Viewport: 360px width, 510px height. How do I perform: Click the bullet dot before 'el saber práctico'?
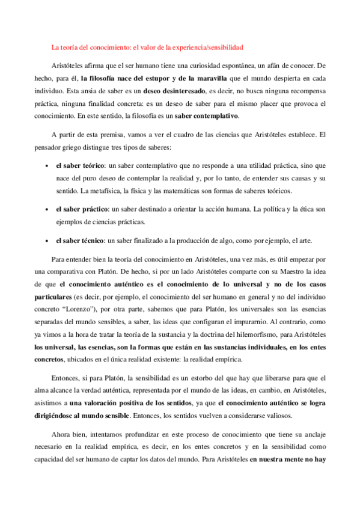pos(47,210)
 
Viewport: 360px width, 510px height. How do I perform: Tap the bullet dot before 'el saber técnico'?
pos(47,242)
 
